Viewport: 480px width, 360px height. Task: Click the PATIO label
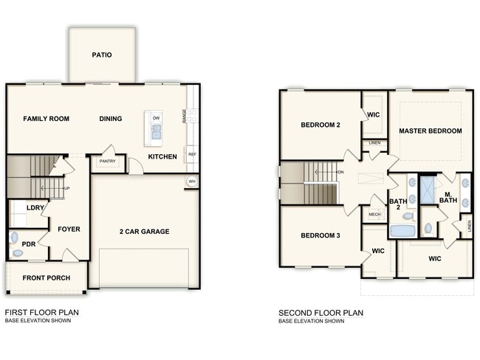pyautogui.click(x=102, y=55)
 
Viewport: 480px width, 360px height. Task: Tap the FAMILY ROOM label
pyautogui.click(x=46, y=119)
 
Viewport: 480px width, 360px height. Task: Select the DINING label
pyautogui.click(x=111, y=119)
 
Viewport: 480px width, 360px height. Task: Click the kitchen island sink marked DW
pyautogui.click(x=156, y=130)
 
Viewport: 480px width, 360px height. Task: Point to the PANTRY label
pyautogui.click(x=108, y=162)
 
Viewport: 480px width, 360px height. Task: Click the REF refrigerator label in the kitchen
pyautogui.click(x=192, y=155)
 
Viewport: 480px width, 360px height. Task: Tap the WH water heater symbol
pyautogui.click(x=192, y=181)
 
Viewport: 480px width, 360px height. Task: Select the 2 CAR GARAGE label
pyautogui.click(x=145, y=232)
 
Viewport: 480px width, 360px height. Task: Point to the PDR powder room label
pyautogui.click(x=29, y=243)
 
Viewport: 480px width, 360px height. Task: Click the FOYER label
pyautogui.click(x=69, y=229)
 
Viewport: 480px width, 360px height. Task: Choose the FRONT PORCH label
pyautogui.click(x=47, y=278)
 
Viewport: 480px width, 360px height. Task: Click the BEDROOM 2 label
pyautogui.click(x=320, y=125)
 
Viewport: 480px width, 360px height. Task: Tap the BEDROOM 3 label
pyautogui.click(x=320, y=235)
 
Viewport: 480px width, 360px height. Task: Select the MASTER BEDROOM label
pyautogui.click(x=431, y=131)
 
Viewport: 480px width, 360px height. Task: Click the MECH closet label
pyautogui.click(x=375, y=215)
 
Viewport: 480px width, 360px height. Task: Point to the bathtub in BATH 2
pyautogui.click(x=402, y=231)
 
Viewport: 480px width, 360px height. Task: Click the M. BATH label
pyautogui.click(x=448, y=196)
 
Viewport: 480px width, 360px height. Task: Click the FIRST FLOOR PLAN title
pyautogui.click(x=41, y=313)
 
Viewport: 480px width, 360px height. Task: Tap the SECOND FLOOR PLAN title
pyautogui.click(x=320, y=313)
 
